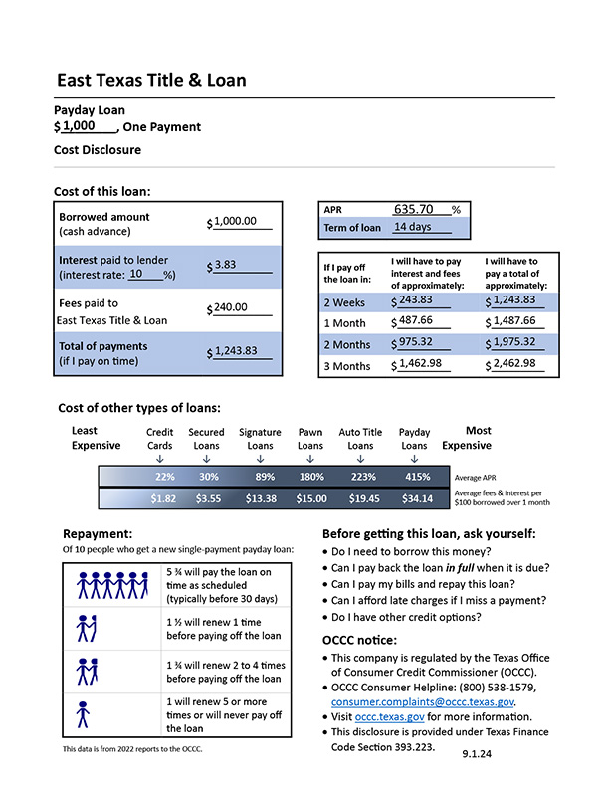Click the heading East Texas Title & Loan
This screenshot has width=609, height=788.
click(x=151, y=81)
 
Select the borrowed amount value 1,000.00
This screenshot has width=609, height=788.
click(x=235, y=222)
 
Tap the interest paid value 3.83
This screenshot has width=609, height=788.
click(x=225, y=265)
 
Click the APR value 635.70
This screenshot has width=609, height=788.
click(x=414, y=210)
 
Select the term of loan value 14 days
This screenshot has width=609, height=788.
click(x=413, y=227)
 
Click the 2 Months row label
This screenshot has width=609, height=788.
click(x=344, y=343)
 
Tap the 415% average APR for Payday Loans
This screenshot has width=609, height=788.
click(x=415, y=478)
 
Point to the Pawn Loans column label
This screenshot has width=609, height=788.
click(x=310, y=440)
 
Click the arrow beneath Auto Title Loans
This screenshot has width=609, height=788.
click(x=360, y=460)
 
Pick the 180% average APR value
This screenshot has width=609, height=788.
click(x=311, y=478)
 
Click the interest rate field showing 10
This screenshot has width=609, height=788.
click(x=136, y=274)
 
